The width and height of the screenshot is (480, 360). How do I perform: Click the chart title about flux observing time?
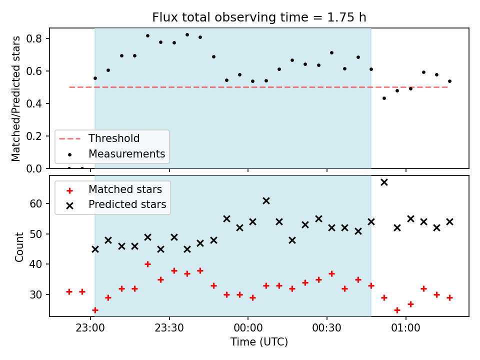click(259, 17)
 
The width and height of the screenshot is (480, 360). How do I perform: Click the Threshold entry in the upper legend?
click(99, 138)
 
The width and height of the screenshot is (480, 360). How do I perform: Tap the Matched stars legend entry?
click(114, 189)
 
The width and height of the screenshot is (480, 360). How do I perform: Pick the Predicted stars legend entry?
click(116, 204)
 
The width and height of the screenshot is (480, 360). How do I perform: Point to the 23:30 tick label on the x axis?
click(169, 328)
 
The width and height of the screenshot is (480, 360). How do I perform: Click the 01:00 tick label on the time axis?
click(405, 328)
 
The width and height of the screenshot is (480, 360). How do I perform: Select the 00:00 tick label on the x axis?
click(248, 328)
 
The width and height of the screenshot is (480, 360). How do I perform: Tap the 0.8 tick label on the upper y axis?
click(33, 38)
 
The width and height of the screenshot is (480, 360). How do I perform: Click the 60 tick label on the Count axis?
click(35, 203)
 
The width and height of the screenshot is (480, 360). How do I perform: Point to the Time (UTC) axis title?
click(259, 341)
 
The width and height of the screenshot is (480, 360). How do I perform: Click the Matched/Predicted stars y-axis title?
click(15, 98)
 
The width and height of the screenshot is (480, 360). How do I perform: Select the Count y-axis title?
click(19, 246)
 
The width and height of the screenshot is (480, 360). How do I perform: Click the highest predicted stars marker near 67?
click(384, 182)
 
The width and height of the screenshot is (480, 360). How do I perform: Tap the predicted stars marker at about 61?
click(266, 201)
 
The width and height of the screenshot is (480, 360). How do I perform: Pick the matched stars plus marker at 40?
click(147, 264)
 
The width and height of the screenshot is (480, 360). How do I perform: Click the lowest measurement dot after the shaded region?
click(384, 98)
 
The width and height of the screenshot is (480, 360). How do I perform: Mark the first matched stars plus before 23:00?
click(69, 291)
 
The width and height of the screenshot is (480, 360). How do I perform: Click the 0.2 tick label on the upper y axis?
click(33, 136)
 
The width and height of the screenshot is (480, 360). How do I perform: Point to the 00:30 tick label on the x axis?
click(326, 328)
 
